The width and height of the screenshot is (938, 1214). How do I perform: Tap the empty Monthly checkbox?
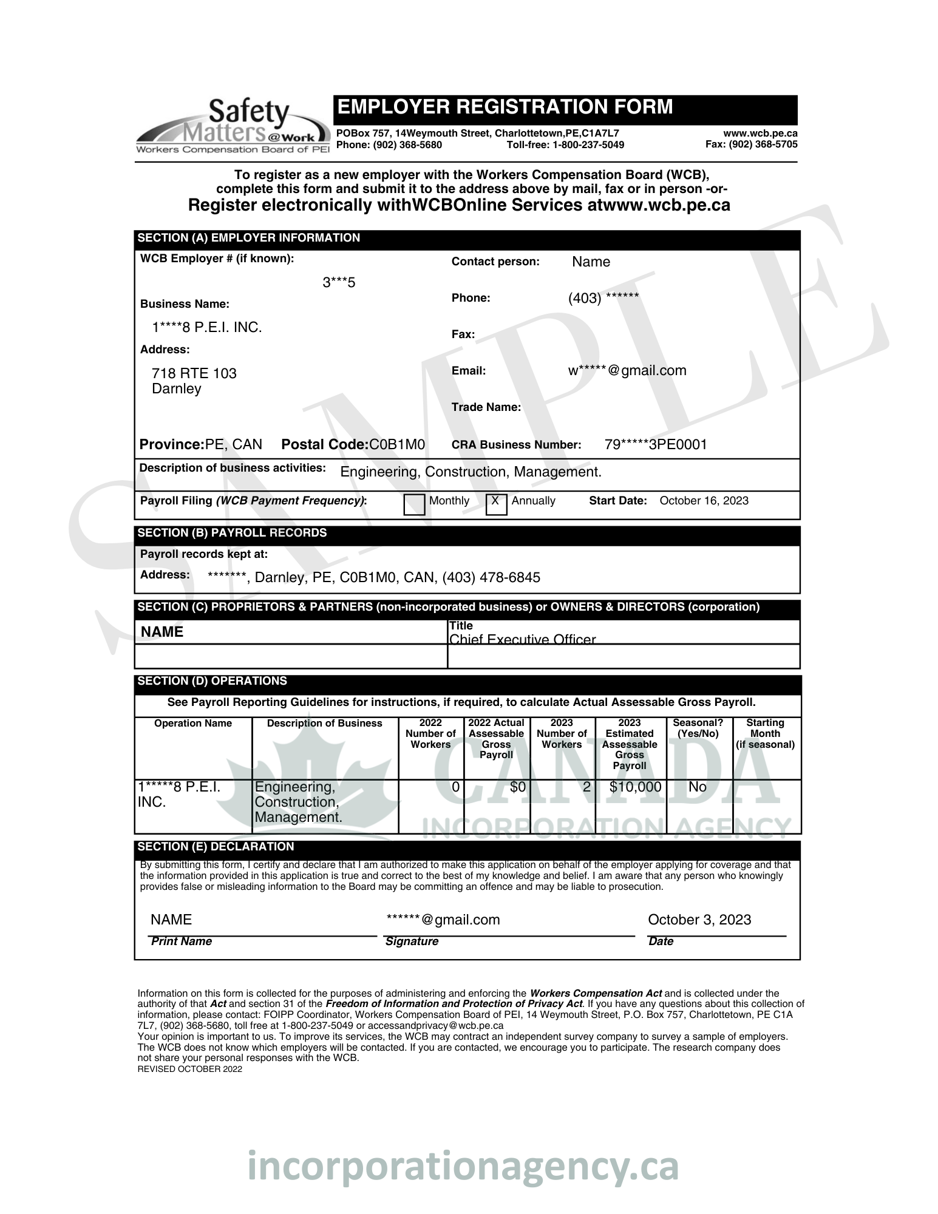tap(414, 504)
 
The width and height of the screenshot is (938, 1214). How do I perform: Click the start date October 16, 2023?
tap(704, 501)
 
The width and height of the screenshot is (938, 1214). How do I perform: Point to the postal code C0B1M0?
tap(397, 444)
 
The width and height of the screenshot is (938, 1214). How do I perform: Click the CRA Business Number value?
tap(656, 444)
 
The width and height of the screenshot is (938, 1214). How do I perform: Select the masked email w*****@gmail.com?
tap(627, 370)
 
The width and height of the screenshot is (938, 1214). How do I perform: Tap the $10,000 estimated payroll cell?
tap(635, 787)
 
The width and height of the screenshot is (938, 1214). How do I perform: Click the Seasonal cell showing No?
tap(698, 787)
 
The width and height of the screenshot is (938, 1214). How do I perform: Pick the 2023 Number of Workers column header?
tap(562, 733)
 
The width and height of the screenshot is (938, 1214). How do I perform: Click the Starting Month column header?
tap(765, 733)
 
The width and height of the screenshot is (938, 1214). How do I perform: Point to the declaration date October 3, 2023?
tap(699, 920)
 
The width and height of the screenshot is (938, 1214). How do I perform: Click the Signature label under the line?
tap(412, 941)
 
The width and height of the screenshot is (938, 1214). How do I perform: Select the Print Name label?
tap(181, 941)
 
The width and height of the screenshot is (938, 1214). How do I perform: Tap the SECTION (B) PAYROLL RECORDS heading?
tap(232, 533)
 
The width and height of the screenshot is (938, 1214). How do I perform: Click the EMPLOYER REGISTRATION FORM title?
tap(505, 107)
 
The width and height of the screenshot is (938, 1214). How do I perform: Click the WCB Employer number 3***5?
tap(339, 282)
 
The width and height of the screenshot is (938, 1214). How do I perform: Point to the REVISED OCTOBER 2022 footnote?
tap(189, 1069)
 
